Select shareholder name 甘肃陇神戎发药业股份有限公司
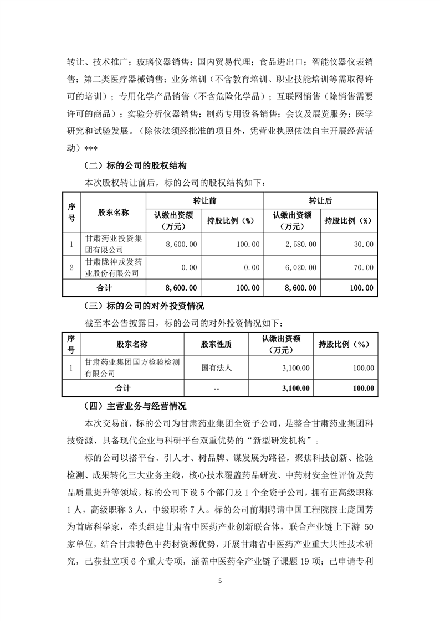[111, 267]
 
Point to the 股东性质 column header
[216, 344]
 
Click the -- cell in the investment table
[216, 389]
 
